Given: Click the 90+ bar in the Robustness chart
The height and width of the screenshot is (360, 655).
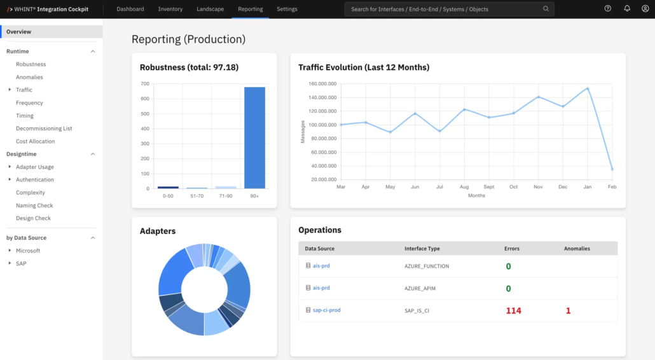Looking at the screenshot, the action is click(254, 138).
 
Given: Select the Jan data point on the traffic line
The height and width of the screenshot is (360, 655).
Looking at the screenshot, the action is click(588, 88).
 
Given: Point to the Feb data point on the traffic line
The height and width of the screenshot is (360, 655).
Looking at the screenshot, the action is click(612, 169).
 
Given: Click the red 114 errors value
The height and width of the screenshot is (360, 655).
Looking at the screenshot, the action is click(513, 311).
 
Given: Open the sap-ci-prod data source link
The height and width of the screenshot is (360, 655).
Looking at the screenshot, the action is click(327, 310).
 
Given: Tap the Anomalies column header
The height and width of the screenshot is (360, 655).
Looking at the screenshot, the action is click(577, 249).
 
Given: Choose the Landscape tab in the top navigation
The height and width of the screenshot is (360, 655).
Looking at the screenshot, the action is click(210, 9).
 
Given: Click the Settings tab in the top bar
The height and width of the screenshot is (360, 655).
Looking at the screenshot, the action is click(287, 9).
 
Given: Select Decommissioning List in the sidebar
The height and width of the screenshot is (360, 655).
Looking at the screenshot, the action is click(44, 128).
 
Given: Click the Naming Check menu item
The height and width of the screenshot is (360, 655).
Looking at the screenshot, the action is click(34, 205).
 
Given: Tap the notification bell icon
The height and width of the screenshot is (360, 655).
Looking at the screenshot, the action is click(627, 8).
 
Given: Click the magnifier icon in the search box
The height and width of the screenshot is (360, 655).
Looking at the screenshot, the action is click(546, 9).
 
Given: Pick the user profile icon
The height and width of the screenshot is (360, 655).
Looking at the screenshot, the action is click(645, 8).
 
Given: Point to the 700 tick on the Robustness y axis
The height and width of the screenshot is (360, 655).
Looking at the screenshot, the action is click(145, 84).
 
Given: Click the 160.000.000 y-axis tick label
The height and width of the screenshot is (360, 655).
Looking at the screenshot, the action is click(322, 84).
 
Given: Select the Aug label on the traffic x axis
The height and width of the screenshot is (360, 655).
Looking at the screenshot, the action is click(464, 187).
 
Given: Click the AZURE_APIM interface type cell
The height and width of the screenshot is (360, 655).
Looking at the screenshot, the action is click(420, 288).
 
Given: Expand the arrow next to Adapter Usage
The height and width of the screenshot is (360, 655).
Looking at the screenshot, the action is click(10, 167).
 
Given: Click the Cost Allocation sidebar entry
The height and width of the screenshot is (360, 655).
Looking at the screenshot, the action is click(35, 141).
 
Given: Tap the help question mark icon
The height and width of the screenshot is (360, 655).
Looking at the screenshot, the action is click(608, 8).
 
